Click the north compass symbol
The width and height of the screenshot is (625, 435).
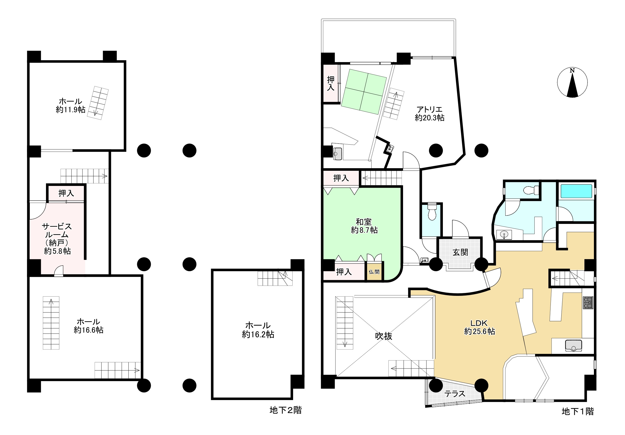click(x=572, y=82)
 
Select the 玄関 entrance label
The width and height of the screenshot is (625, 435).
click(x=460, y=252)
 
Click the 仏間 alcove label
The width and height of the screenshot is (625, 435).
click(x=374, y=272)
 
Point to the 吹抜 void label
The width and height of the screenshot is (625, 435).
click(x=384, y=336)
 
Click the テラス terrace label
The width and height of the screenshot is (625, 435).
click(x=455, y=394)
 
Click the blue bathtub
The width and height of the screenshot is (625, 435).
click(x=576, y=191)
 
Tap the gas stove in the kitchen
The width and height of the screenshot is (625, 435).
click(x=588, y=302)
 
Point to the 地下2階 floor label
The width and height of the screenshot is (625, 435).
click(x=286, y=410)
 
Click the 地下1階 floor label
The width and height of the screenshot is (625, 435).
click(x=578, y=411)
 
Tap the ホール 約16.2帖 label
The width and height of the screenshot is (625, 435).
click(x=258, y=330)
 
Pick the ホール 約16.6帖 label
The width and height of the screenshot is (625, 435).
click(x=88, y=326)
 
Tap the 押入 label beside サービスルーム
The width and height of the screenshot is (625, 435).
click(x=66, y=193)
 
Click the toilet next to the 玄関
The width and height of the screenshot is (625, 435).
click(x=432, y=211)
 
